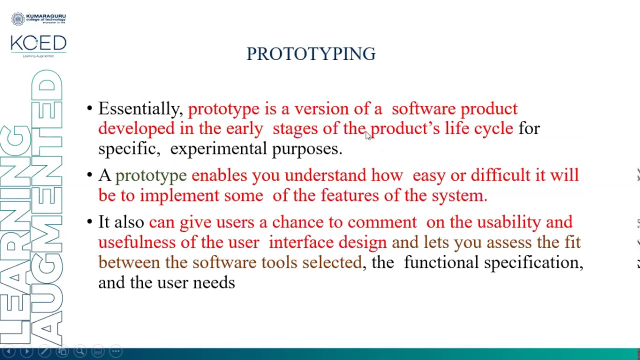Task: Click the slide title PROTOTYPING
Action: tap(310, 54)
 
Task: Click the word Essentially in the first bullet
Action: tap(139, 109)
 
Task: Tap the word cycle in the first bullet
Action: tap(493, 129)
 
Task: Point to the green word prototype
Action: tap(150, 175)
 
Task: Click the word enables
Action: tap(219, 175)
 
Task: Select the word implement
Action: tap(179, 195)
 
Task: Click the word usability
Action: tap(508, 222)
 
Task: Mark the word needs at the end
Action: tap(213, 283)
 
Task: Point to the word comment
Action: tap(381, 222)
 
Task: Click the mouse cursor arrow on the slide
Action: tap(368, 135)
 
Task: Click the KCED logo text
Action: tap(38, 44)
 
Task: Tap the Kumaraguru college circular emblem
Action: tap(18, 19)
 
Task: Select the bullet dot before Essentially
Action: tap(89, 109)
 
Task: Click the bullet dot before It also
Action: tap(89, 222)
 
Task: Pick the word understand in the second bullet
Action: tap(325, 175)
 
